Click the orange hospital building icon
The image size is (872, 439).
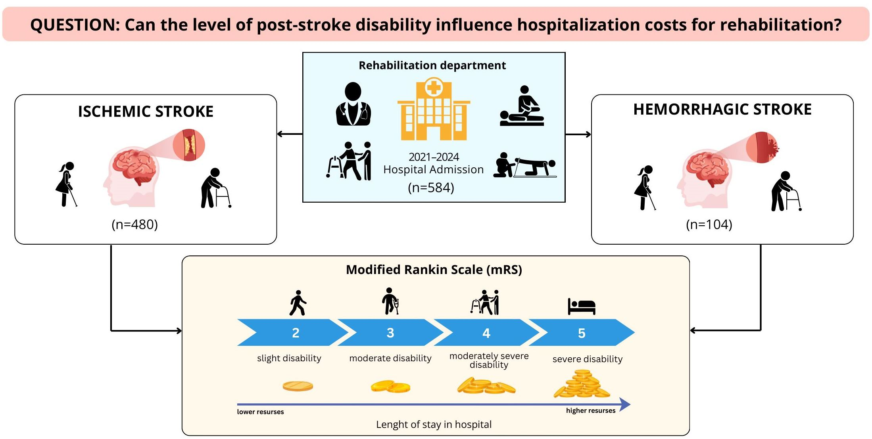click(x=434, y=109)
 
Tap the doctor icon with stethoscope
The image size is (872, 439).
click(x=353, y=104)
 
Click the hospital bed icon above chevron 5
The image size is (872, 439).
click(x=582, y=306)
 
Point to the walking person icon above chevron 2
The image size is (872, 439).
click(x=298, y=303)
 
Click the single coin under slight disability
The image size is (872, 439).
click(x=298, y=386)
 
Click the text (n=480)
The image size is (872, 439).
click(x=135, y=224)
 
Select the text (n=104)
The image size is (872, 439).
click(x=709, y=224)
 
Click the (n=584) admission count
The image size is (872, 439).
click(x=431, y=187)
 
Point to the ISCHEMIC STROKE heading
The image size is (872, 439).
click(x=146, y=111)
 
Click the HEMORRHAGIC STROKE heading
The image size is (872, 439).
click(x=722, y=109)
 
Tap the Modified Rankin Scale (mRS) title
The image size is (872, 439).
click(x=434, y=270)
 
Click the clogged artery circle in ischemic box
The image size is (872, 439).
click(x=189, y=145)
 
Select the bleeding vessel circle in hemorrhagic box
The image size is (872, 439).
click(x=762, y=148)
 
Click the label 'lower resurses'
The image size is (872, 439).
click(x=260, y=412)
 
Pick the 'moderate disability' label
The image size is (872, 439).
click(x=390, y=358)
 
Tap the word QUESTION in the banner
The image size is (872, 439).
click(x=75, y=25)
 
